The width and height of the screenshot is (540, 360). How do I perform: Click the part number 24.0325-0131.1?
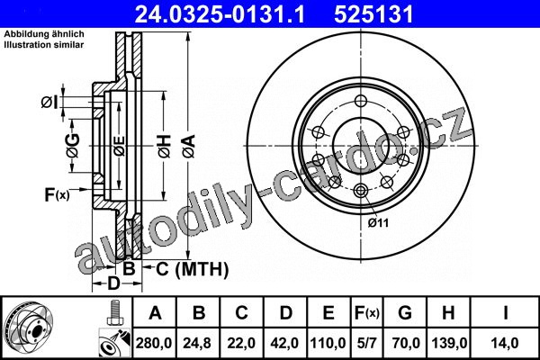[x=220, y=14]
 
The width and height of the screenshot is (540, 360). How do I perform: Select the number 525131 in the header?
[x=373, y=14]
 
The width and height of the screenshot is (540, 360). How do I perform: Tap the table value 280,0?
[x=154, y=343]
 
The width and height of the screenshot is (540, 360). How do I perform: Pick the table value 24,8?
[x=197, y=343]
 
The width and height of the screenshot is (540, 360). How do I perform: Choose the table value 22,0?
[x=241, y=343]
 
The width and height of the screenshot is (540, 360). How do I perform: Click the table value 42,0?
[x=284, y=343]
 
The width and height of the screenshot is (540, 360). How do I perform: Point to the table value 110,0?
[x=328, y=343]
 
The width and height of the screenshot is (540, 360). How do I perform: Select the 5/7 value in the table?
[x=366, y=343]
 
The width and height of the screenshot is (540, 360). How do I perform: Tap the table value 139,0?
[x=449, y=343]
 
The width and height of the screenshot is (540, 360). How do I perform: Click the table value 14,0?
[x=505, y=343]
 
